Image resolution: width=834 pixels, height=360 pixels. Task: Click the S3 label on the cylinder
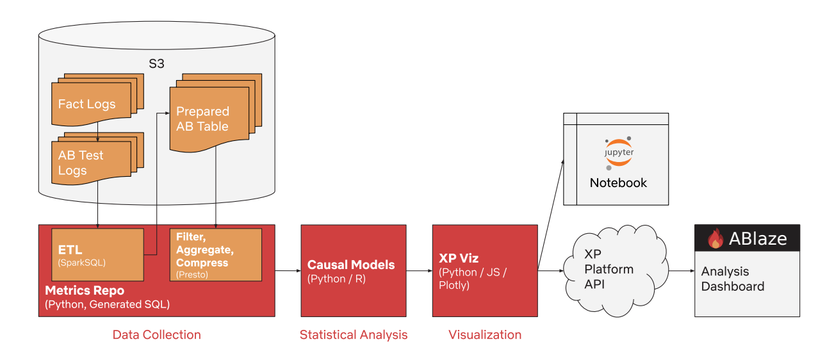pyautogui.click(x=156, y=65)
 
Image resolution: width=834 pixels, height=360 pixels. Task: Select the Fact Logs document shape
pyautogui.click(x=87, y=103)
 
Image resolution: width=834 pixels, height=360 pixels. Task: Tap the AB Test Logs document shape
pyautogui.click(x=81, y=163)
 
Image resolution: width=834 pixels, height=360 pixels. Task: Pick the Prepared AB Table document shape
pyautogui.click(x=202, y=119)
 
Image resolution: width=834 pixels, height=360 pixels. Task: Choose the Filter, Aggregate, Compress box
pyautogui.click(x=216, y=255)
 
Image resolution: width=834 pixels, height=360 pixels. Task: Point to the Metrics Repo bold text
pyautogui.click(x=85, y=291)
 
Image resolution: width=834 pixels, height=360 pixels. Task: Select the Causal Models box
pyautogui.click(x=353, y=270)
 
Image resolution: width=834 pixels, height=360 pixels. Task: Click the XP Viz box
pyautogui.click(x=484, y=270)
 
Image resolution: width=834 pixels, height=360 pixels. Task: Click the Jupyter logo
pyautogui.click(x=619, y=153)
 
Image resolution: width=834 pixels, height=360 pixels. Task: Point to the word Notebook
pyautogui.click(x=618, y=183)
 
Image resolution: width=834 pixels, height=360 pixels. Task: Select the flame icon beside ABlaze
pyautogui.click(x=715, y=239)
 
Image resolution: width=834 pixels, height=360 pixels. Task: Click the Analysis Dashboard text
pyautogui.click(x=732, y=279)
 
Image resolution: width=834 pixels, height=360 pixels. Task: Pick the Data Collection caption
pyautogui.click(x=156, y=334)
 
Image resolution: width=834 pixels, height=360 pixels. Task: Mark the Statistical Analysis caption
pyautogui.click(x=353, y=334)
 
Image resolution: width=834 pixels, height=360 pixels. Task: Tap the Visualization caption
pyautogui.click(x=484, y=334)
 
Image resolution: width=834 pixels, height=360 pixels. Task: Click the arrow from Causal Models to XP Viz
pyautogui.click(x=419, y=271)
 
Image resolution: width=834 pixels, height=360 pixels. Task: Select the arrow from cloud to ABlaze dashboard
pyautogui.click(x=682, y=271)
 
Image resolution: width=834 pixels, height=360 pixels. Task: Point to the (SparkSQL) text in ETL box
pyautogui.click(x=81, y=263)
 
